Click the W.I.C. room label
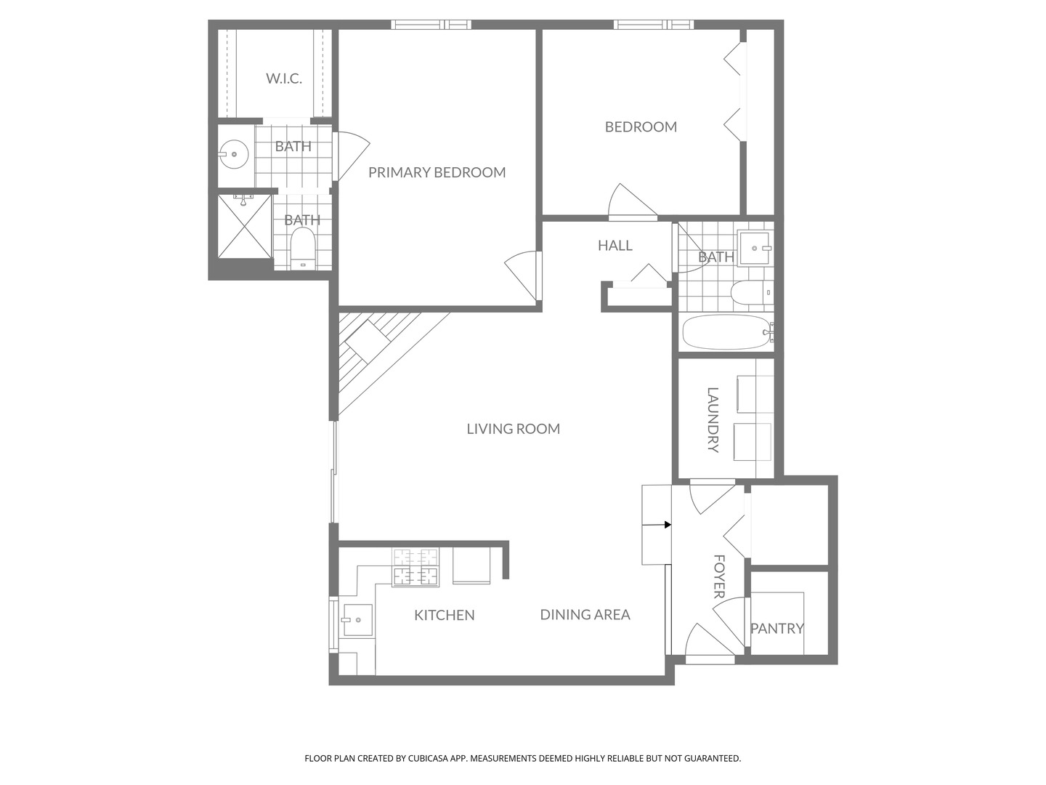(x=283, y=78)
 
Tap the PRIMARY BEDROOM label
(x=437, y=172)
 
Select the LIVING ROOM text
(x=513, y=429)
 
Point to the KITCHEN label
(x=444, y=615)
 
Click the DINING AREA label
(x=585, y=614)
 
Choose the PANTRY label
(x=777, y=628)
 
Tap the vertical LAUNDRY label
(x=713, y=419)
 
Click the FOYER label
(x=719, y=576)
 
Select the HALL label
(x=615, y=246)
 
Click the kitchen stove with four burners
(x=416, y=568)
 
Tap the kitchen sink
(x=357, y=620)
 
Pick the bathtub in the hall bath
(x=726, y=332)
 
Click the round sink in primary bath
(x=233, y=154)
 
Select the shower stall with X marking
(x=243, y=227)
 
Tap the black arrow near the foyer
(x=666, y=524)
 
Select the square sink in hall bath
(x=755, y=249)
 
